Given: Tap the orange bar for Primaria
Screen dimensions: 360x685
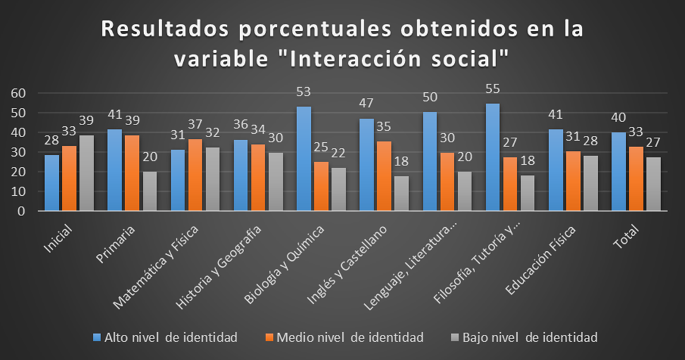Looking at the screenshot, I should tap(132, 173).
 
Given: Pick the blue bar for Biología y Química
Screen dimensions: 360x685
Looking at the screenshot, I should tap(304, 159).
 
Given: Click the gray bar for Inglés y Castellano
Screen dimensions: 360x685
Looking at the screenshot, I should tap(401, 193).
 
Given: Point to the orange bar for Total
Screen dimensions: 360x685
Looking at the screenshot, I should tap(636, 179).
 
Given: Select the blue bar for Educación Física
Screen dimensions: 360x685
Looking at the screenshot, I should tap(555, 170).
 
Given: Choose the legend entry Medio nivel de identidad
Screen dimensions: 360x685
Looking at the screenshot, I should tap(351, 338).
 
